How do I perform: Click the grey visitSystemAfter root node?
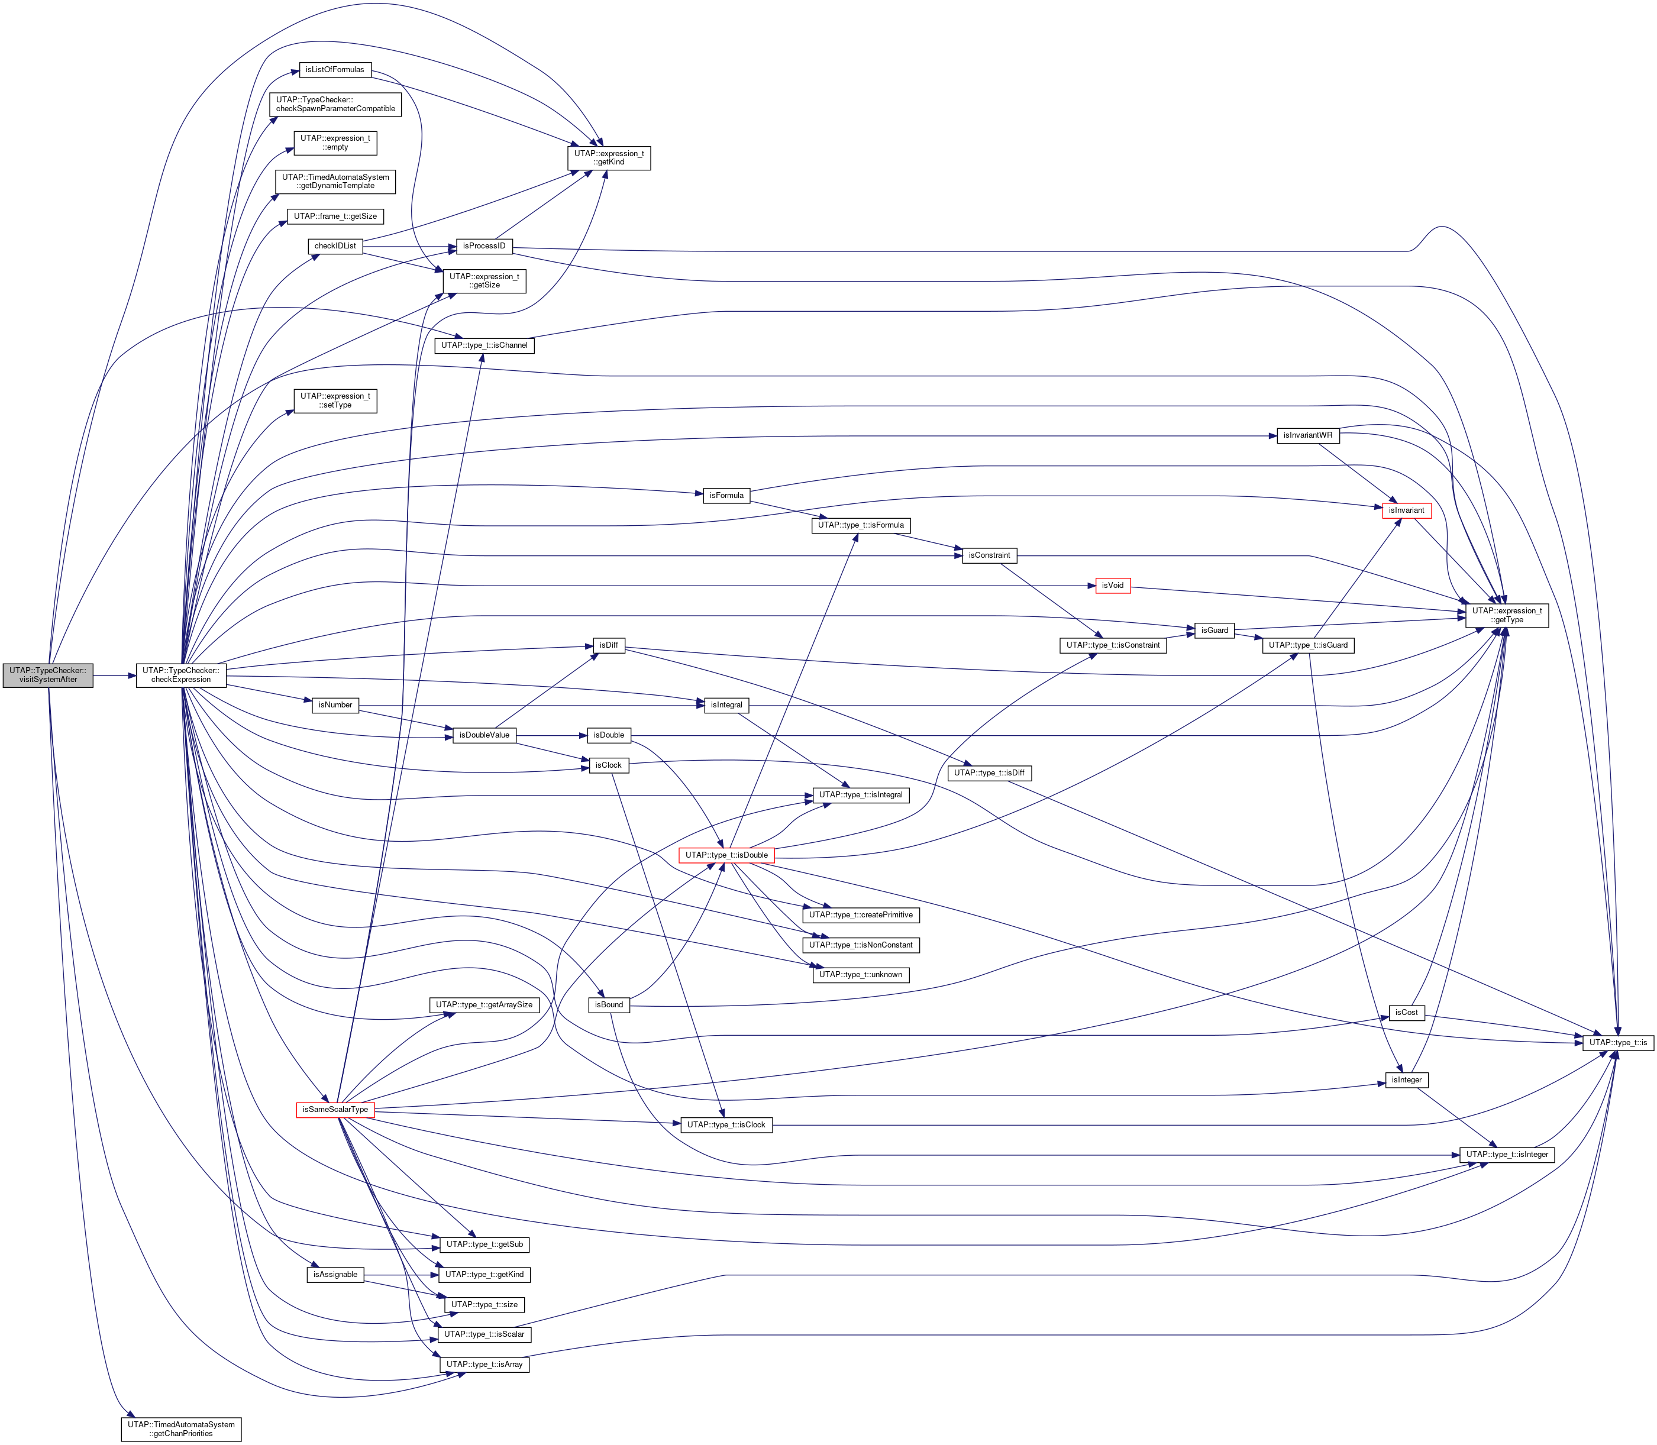coord(47,675)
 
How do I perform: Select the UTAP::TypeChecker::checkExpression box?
coord(180,675)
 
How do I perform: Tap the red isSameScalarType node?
coord(335,1110)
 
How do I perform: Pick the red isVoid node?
coord(1112,586)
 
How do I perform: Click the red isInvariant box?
coord(1406,510)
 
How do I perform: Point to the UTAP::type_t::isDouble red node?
coord(726,855)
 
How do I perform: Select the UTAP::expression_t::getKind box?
coord(609,157)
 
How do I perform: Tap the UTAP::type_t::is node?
coord(1619,1043)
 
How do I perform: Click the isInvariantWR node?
coord(1308,435)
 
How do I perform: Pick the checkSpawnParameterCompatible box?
coord(335,104)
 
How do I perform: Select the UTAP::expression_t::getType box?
coord(1506,615)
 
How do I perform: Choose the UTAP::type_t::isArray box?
coord(484,1365)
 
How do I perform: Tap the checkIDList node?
coord(335,246)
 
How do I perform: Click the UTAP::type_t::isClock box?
coord(726,1125)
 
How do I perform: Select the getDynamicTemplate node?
coord(335,182)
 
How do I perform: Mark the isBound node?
coord(609,1005)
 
